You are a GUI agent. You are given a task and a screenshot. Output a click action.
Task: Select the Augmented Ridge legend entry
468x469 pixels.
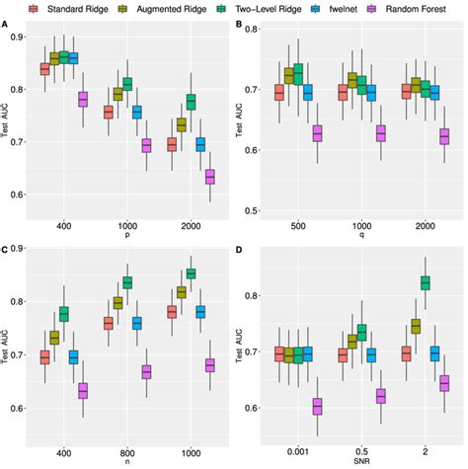(x=170, y=9)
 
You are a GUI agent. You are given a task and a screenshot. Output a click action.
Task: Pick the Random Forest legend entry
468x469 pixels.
(x=413, y=9)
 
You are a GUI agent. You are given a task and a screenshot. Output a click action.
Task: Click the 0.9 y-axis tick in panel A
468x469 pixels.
(x=20, y=37)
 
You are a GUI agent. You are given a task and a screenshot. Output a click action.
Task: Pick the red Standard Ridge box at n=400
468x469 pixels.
(x=44, y=357)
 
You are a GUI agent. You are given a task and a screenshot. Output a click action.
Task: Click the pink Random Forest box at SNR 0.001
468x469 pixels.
(x=317, y=406)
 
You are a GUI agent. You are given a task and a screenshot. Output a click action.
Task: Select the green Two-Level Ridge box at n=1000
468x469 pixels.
(x=192, y=274)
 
